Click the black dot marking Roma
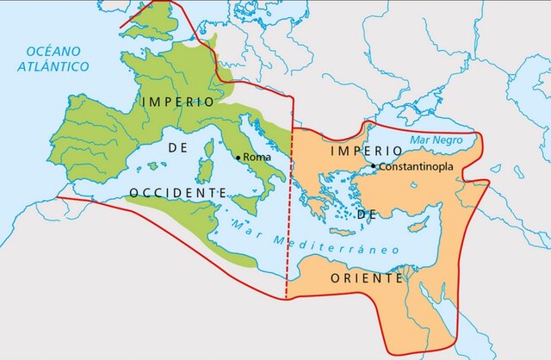238,158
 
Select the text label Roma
257,158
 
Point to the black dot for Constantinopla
372,165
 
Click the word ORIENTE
367,279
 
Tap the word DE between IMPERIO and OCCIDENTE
178,147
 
